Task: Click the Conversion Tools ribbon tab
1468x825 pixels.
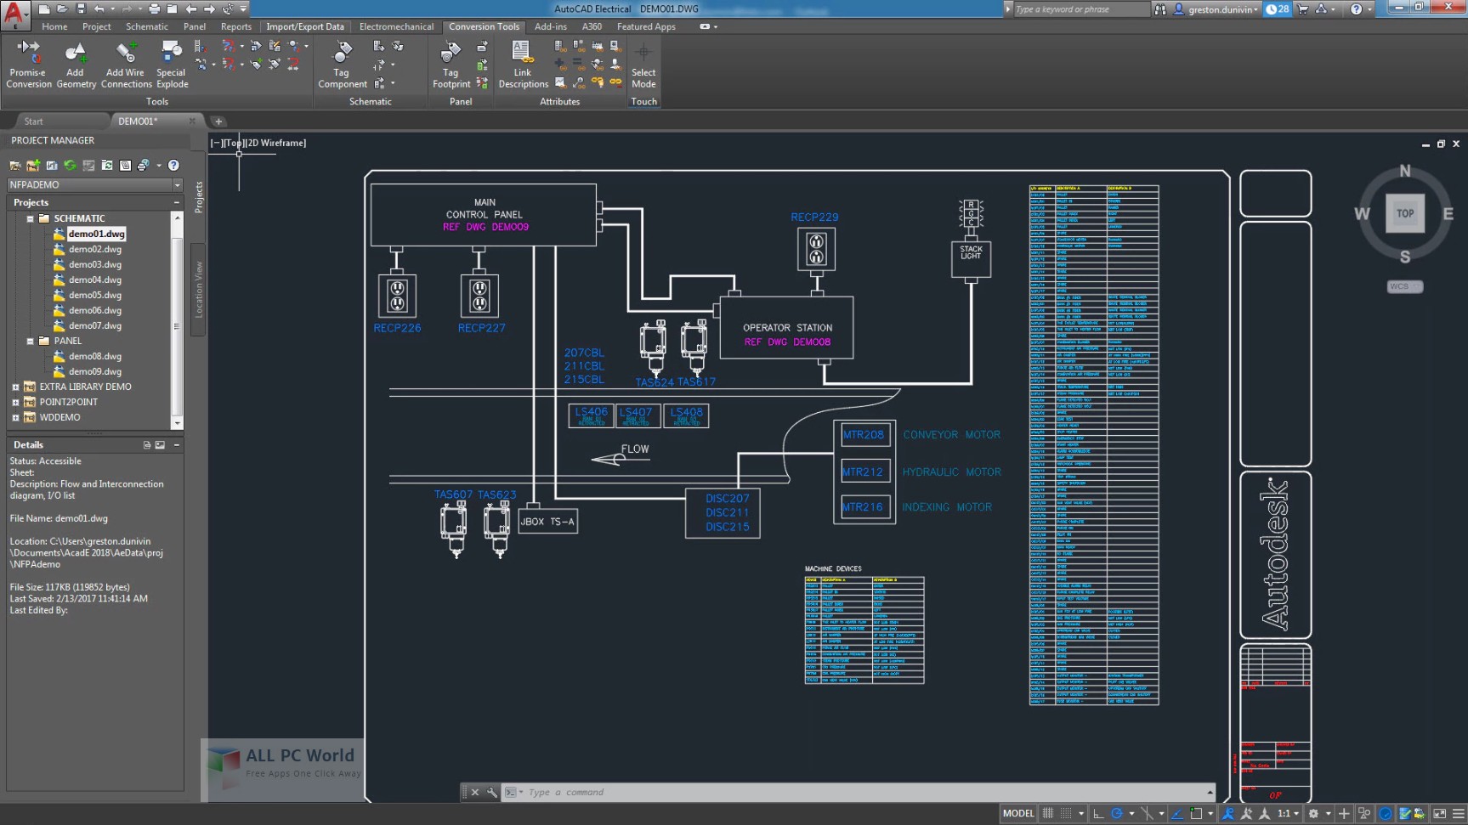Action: (x=484, y=26)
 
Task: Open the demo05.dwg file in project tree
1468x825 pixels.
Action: (x=94, y=295)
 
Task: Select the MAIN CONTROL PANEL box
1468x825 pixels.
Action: (x=484, y=214)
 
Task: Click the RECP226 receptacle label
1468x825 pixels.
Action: (x=397, y=328)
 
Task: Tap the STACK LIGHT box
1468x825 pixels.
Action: (x=971, y=258)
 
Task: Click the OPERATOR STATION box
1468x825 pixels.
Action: (x=786, y=328)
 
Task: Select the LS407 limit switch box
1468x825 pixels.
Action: (x=636, y=415)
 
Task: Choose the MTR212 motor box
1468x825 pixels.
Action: (x=863, y=472)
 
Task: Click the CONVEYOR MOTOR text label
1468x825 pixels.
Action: (x=951, y=434)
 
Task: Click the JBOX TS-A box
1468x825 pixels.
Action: (x=547, y=522)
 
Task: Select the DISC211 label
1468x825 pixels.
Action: (x=727, y=512)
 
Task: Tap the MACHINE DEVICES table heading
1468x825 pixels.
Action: (x=833, y=568)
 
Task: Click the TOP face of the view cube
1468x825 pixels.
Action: (x=1404, y=213)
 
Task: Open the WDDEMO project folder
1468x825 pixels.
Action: (x=60, y=417)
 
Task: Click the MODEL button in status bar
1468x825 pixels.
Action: (x=1017, y=813)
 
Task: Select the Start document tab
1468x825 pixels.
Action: (x=34, y=121)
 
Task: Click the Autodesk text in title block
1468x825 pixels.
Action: (x=1275, y=554)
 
